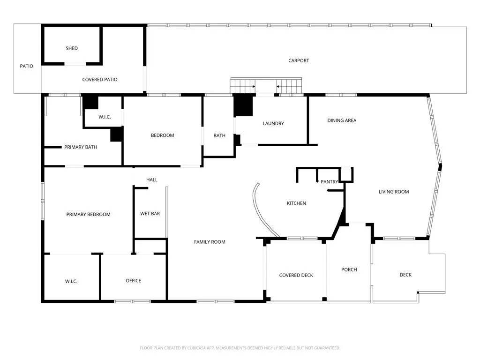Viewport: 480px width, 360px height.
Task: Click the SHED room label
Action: tap(72, 48)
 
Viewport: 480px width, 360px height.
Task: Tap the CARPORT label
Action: tap(299, 60)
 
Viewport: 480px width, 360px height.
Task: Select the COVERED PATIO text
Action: tap(99, 80)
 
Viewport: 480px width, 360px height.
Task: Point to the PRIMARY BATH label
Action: tap(81, 147)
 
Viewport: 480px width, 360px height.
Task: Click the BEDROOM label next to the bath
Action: tap(162, 135)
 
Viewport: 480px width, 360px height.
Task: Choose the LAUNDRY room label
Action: tap(273, 124)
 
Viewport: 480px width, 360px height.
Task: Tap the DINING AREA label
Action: tap(342, 120)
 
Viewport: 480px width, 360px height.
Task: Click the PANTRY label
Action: tap(329, 182)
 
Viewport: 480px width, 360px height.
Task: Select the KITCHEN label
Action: tap(296, 203)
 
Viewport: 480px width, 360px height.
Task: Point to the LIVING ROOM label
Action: tap(394, 192)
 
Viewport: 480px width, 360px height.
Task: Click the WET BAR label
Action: tap(150, 214)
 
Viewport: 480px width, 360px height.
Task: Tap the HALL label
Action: tap(152, 180)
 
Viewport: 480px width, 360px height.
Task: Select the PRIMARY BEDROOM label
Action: tap(88, 215)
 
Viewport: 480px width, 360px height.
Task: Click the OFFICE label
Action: tap(134, 281)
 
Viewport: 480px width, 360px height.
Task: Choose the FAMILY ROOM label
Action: tap(210, 242)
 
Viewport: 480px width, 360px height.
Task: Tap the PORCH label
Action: tap(349, 270)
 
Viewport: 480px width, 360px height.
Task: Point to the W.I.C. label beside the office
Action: tap(71, 281)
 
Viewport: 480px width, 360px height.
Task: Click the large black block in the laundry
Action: tap(243, 106)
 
